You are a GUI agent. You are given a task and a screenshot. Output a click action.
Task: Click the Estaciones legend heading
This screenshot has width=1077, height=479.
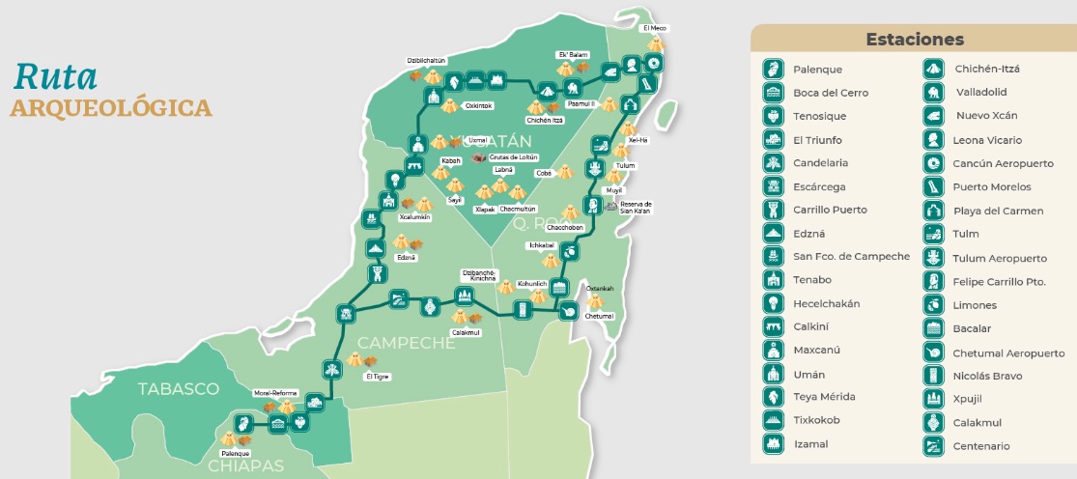pyautogui.click(x=914, y=40)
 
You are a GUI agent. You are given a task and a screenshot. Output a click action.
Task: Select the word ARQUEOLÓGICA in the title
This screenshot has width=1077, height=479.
pyautogui.click(x=111, y=106)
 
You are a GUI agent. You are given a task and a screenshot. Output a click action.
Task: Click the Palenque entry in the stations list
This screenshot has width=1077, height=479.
pyautogui.click(x=817, y=70)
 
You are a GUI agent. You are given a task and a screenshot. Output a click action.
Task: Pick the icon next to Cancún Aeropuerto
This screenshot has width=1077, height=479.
pyautogui.click(x=934, y=163)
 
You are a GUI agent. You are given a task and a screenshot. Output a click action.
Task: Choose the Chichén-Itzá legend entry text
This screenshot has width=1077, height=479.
pyautogui.click(x=987, y=69)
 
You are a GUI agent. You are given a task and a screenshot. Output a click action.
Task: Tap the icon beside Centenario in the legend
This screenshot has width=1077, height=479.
pyautogui.click(x=934, y=445)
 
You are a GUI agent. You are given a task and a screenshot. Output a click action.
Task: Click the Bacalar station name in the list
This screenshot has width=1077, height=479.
pyautogui.click(x=972, y=328)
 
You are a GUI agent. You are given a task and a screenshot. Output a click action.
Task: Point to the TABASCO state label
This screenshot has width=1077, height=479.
pyautogui.click(x=178, y=389)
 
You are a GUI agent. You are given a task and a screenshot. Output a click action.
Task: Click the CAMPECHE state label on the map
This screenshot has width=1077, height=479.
pyautogui.click(x=406, y=343)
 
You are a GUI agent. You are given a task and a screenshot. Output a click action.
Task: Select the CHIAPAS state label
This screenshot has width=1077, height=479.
pyautogui.click(x=246, y=466)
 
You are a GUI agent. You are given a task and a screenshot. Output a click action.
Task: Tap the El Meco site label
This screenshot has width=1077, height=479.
pyautogui.click(x=655, y=29)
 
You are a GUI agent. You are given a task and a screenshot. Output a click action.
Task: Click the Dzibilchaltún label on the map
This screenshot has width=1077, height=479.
pyautogui.click(x=426, y=60)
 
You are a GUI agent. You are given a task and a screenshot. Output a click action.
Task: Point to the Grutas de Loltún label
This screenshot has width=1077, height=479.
pyautogui.click(x=513, y=157)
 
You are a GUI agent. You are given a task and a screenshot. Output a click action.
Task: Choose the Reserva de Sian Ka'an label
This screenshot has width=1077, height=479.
pyautogui.click(x=635, y=207)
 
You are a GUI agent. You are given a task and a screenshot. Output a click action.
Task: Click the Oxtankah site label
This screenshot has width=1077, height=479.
pyautogui.click(x=600, y=289)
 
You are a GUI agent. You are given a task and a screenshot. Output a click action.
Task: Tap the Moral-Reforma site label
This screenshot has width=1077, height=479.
pyautogui.click(x=275, y=394)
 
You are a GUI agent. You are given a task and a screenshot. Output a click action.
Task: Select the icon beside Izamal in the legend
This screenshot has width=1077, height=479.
pyautogui.click(x=773, y=444)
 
